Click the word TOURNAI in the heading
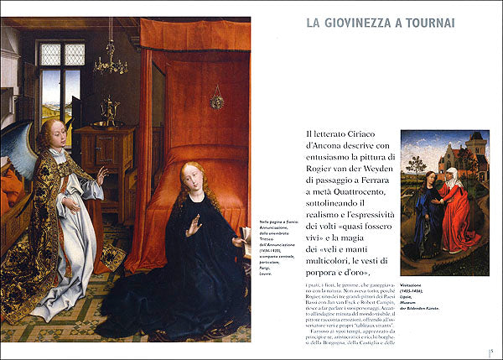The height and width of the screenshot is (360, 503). pyautogui.click(x=427, y=23)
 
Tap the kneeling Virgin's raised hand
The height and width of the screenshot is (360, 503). pyautogui.click(x=193, y=225)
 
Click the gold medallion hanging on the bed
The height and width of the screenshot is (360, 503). pyautogui.click(x=216, y=101)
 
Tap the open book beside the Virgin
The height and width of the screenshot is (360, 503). pyautogui.click(x=245, y=238)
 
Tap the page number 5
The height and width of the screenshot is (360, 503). pyautogui.click(x=491, y=351)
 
